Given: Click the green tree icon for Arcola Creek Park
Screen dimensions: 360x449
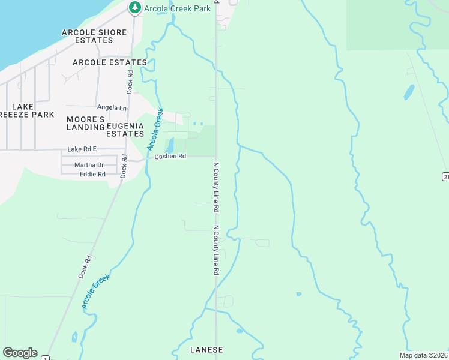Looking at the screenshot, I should (135, 7).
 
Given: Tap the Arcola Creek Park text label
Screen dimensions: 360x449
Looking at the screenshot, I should (178, 8).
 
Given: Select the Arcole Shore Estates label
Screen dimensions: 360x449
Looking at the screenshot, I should (95, 36).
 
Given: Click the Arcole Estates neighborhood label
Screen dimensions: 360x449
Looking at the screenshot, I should (110, 62).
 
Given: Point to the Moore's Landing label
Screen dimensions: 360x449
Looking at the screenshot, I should (86, 124).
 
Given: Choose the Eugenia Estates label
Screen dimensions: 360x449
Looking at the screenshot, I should (125, 130).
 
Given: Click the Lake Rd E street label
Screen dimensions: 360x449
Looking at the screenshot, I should (82, 149).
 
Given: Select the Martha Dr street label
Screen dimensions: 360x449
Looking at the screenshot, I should (89, 165).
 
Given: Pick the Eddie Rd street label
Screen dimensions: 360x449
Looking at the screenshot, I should (92, 174).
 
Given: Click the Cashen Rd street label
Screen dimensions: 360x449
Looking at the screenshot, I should (170, 157).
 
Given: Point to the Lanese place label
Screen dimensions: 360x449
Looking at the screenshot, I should (206, 350).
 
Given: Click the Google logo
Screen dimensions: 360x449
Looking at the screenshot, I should (20, 353).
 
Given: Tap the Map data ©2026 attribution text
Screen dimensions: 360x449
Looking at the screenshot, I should (423, 355).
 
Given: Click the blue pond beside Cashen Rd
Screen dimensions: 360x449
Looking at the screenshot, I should (169, 145).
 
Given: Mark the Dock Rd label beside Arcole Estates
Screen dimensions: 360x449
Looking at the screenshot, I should (130, 82).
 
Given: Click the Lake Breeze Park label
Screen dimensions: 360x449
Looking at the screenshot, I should (26, 110).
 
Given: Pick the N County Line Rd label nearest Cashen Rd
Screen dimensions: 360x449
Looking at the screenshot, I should (215, 187).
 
